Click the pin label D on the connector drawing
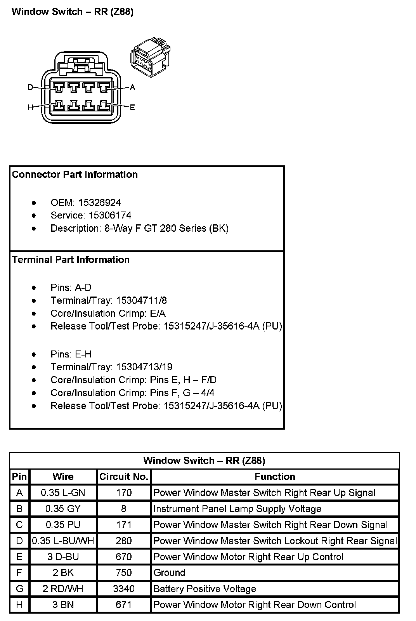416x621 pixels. click(30, 88)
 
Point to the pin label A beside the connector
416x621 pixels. click(132, 88)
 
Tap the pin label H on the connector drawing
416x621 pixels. click(30, 107)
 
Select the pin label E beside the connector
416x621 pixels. click(132, 107)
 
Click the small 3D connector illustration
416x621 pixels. click(151, 57)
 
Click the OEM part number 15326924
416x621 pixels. click(99, 203)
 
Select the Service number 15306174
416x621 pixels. click(110, 215)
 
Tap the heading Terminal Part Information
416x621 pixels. click(71, 260)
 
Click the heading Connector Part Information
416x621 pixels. click(75, 174)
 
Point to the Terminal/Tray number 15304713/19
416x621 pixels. click(144, 367)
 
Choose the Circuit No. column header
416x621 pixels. click(124, 477)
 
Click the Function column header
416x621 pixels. click(275, 477)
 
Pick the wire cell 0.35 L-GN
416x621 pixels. click(63, 493)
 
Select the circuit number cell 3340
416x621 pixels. click(124, 588)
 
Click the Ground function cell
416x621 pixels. click(169, 572)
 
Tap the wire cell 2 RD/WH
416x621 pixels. click(63, 588)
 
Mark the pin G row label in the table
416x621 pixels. click(19, 588)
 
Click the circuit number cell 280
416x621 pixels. click(124, 541)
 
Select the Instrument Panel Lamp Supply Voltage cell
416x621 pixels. click(237, 509)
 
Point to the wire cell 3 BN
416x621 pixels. click(63, 605)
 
